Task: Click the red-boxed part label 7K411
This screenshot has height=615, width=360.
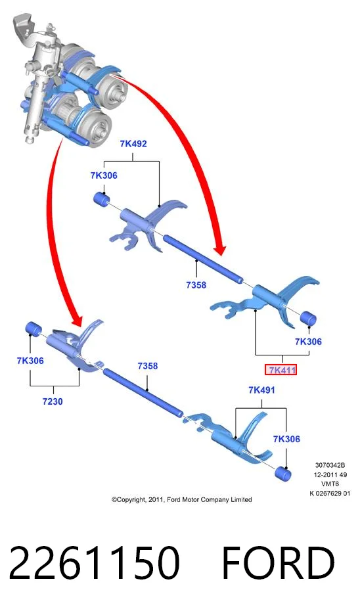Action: coord(281,369)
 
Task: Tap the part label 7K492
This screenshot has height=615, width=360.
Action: coord(133,143)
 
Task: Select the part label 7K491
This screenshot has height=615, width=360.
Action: coord(261,390)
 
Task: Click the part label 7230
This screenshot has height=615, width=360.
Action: coord(53,401)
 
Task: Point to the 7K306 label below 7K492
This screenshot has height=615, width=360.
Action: coord(104,175)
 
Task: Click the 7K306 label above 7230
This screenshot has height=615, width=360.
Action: coord(30,361)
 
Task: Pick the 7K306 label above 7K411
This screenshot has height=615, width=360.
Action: coord(308,342)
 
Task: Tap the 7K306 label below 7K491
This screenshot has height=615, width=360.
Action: coord(286,439)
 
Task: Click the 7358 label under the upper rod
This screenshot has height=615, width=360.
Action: coord(196,285)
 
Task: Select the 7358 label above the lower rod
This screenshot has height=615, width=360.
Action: coord(147,366)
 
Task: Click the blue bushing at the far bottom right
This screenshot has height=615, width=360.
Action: coord(282,474)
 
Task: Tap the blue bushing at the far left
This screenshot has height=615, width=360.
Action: coord(34,329)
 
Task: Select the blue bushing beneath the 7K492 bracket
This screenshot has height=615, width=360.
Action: coord(102,198)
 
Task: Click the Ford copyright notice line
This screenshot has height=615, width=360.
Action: coord(181,499)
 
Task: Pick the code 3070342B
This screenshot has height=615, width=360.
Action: coord(330,466)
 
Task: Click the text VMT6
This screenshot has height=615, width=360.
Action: coord(330,484)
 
